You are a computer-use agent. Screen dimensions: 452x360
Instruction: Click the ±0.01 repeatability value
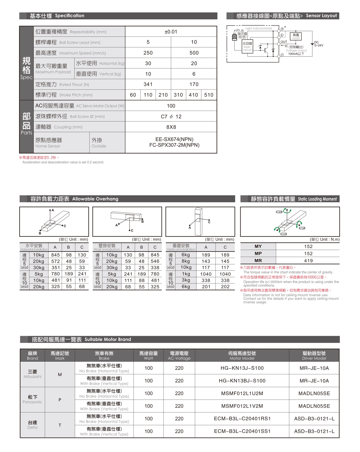[171, 32]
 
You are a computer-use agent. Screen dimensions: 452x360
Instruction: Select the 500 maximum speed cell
[194, 53]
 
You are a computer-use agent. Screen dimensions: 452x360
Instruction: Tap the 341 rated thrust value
[148, 84]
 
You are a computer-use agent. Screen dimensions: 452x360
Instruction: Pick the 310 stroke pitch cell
[178, 95]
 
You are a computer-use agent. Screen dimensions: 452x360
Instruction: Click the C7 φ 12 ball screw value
[171, 116]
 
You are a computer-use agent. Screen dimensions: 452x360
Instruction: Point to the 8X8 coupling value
[171, 127]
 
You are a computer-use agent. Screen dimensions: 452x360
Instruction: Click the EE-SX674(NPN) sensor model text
[174, 139]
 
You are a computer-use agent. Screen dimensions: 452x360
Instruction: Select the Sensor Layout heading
[321, 16]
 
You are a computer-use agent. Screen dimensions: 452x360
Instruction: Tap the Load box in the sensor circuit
[296, 36]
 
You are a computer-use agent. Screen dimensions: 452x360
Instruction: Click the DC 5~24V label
[319, 44]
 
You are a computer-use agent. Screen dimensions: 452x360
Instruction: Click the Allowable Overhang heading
[95, 199]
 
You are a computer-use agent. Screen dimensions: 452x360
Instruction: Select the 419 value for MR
[308, 261]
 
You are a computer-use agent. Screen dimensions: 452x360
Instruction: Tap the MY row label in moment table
[258, 246]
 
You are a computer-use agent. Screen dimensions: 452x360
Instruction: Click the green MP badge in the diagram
[302, 228]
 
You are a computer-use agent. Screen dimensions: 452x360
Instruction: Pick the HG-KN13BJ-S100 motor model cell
[242, 381]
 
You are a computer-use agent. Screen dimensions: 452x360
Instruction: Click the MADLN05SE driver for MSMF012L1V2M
[314, 406]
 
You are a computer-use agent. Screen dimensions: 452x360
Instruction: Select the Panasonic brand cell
[33, 400]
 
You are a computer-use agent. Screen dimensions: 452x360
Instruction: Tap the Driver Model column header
[314, 355]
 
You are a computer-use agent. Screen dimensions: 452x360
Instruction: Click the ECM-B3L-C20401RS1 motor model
[242, 419]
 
